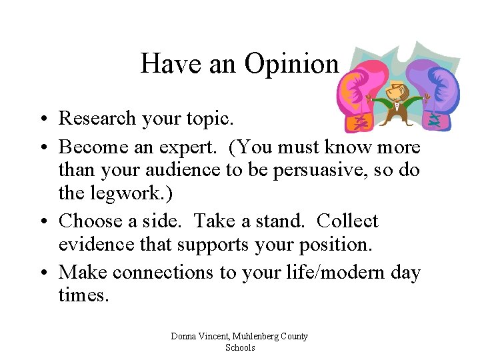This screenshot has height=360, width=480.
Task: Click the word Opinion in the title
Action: coord(291,65)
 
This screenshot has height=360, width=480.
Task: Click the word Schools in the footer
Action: coord(240,347)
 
